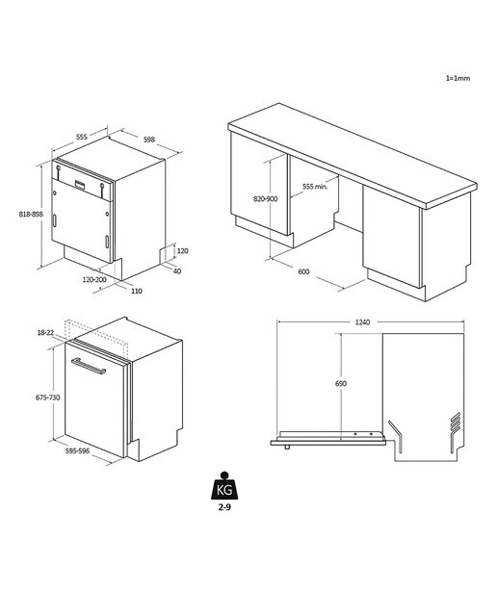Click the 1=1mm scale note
tap(458, 78)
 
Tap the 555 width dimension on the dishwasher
tap(82, 137)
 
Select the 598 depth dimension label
tap(149, 140)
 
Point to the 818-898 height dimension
tap(31, 214)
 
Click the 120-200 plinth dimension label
tap(94, 280)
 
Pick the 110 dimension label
tap(137, 291)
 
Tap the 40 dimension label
tap(177, 271)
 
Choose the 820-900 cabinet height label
tap(266, 199)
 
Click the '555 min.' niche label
tap(315, 187)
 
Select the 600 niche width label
tap(303, 271)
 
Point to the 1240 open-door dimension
tap(362, 322)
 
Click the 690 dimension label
tap(341, 383)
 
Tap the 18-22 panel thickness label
tap(45, 333)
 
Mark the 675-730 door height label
tap(48, 398)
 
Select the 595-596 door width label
tap(77, 451)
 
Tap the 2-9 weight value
tap(224, 507)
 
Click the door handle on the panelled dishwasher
tap(89, 366)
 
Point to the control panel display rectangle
tap(80, 185)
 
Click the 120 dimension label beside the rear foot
tap(182, 250)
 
